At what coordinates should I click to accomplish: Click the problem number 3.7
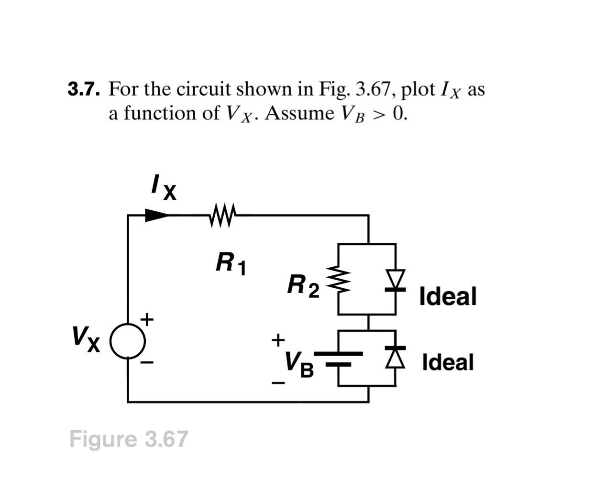pyautogui.click(x=83, y=89)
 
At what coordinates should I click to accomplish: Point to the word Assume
pyautogui.click(x=299, y=113)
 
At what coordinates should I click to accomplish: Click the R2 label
pyautogui.click(x=303, y=286)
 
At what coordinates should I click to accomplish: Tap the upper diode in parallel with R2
pyautogui.click(x=396, y=280)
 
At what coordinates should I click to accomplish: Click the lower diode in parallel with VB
pyautogui.click(x=396, y=357)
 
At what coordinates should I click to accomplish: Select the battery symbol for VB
pyautogui.click(x=338, y=359)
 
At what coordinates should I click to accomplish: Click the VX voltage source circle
pyautogui.click(x=128, y=342)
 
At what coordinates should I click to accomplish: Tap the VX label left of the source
pyautogui.click(x=86, y=338)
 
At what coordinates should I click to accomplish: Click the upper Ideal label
pyautogui.click(x=448, y=296)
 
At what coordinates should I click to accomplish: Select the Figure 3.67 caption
pyautogui.click(x=129, y=439)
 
